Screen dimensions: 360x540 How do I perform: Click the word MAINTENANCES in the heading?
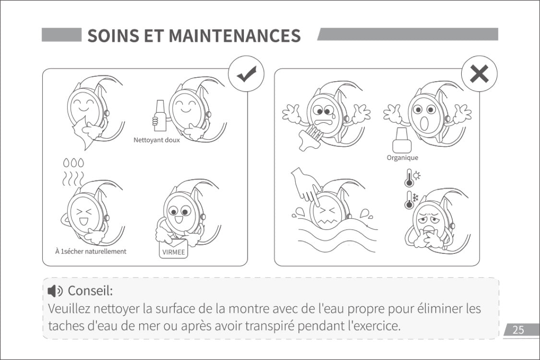(235, 36)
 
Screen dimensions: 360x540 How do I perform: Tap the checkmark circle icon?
(246, 74)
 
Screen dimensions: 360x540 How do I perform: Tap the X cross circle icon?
(479, 74)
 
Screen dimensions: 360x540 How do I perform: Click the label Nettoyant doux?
(156, 140)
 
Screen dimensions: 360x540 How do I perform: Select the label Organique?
(402, 157)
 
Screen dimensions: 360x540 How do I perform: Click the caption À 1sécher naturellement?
(91, 252)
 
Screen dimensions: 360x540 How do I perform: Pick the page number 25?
(518, 330)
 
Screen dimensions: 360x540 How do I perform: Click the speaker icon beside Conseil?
(55, 291)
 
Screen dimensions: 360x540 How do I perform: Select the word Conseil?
(90, 291)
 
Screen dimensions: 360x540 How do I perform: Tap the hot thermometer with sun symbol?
(411, 178)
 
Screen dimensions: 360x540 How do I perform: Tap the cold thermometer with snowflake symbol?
(411, 199)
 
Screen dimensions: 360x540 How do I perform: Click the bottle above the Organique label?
(402, 140)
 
